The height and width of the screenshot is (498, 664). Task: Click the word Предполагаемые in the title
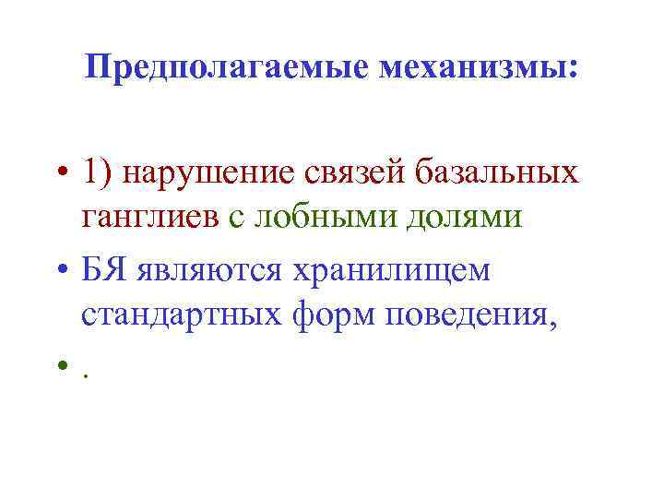pyautogui.click(x=211, y=67)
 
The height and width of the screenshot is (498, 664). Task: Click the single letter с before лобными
pyautogui.click(x=237, y=219)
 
